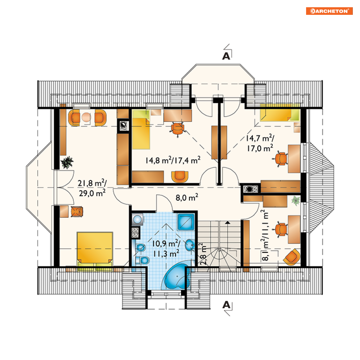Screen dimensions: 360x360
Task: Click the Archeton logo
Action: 329,11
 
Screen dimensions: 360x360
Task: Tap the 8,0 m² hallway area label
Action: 187,197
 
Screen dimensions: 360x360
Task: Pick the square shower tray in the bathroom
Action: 186,222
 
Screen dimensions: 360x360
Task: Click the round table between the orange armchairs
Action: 86,117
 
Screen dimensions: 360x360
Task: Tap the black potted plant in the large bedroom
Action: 67,162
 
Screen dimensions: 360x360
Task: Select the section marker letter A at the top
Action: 226,56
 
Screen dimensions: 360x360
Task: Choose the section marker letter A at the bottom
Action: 226,305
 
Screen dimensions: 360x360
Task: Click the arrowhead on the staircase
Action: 227,222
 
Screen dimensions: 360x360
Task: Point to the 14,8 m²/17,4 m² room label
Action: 173,160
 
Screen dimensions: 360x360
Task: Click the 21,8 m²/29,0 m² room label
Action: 92,188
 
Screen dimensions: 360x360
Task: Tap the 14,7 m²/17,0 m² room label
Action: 260,143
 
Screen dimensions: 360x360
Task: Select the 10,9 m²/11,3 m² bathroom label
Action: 166,249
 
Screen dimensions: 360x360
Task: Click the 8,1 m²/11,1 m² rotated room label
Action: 264,235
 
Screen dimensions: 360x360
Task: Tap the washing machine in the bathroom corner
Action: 137,219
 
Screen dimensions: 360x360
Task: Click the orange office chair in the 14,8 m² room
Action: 178,129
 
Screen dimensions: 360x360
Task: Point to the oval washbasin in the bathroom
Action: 190,245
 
